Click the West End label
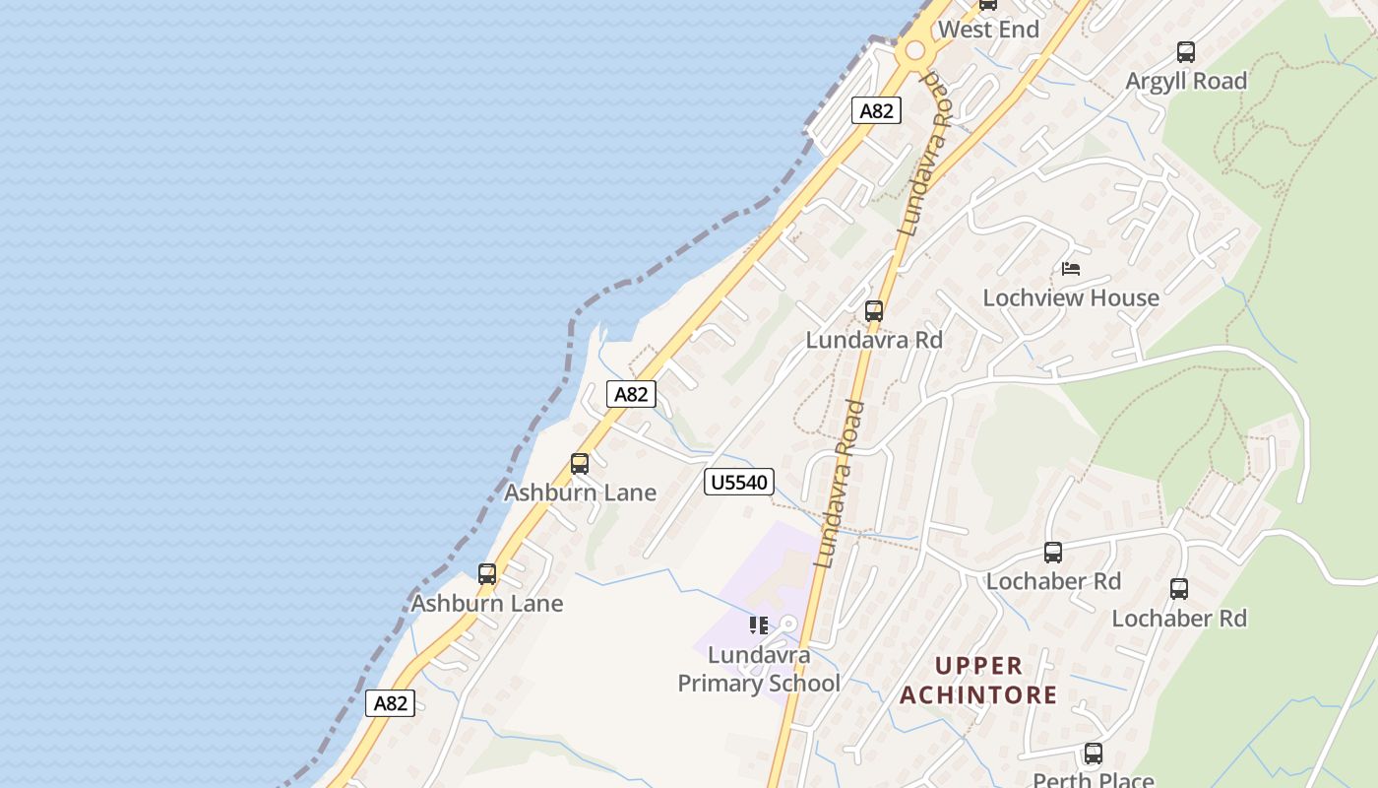click(x=988, y=30)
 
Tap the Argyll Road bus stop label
click(x=1186, y=81)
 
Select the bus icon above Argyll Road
click(x=1186, y=52)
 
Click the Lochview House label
click(x=1071, y=297)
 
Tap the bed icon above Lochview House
click(x=1071, y=268)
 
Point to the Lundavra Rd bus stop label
click(x=874, y=340)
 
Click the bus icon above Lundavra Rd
click(x=873, y=311)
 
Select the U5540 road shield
click(x=739, y=482)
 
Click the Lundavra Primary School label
click(x=759, y=669)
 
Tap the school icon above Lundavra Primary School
click(x=758, y=625)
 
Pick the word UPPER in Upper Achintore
click(x=978, y=665)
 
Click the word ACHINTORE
click(x=978, y=695)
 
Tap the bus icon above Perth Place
click(x=1093, y=754)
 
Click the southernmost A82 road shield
click(x=391, y=703)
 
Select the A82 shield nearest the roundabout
click(x=876, y=110)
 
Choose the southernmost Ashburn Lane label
click(x=487, y=603)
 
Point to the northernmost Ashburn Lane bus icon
click(x=580, y=464)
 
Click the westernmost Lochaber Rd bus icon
click(x=1053, y=553)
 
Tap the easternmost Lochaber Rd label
click(x=1179, y=619)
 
